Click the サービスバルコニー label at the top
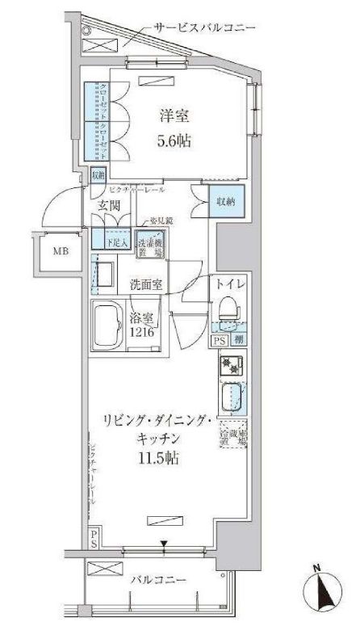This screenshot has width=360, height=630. (x=206, y=28)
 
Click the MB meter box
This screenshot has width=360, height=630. (x=61, y=251)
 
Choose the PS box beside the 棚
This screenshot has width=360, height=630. (x=219, y=341)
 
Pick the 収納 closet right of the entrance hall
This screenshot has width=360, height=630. (x=223, y=199)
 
